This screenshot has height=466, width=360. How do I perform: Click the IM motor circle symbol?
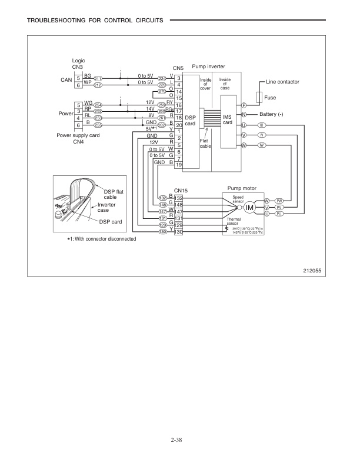point(249,207)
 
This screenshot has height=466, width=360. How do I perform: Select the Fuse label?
point(271,97)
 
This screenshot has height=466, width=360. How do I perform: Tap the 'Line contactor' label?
point(283,81)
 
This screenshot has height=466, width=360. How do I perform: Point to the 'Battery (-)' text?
point(272,114)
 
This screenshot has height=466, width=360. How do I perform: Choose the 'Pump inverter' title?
point(208,68)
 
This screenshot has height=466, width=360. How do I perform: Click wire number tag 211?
point(98,78)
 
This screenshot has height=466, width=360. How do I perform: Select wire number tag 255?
point(98,125)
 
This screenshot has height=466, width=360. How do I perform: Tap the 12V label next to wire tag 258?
point(142,103)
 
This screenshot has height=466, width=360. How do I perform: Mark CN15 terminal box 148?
point(179,205)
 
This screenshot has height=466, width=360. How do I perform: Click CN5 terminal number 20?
point(179,125)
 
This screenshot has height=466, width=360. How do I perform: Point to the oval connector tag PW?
point(280,201)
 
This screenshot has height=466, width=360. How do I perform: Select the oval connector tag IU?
point(262,125)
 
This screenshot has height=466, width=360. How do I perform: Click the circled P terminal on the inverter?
point(244,105)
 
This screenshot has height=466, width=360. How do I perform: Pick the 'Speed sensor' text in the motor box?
point(238,199)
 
